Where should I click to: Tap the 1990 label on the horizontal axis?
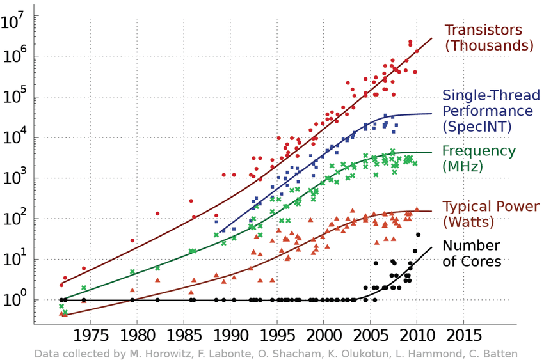point(230,336)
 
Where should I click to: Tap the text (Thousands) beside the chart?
point(488,46)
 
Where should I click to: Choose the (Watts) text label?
point(469,223)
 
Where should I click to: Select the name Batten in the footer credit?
point(501,354)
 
